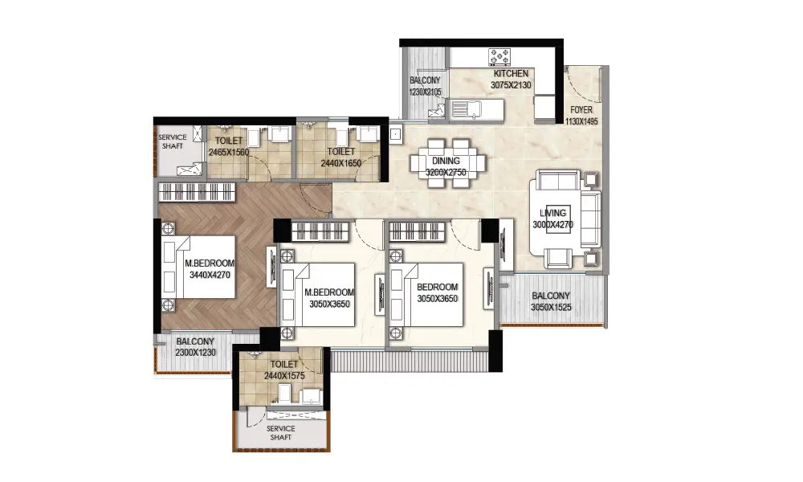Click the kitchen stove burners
coord(499,57)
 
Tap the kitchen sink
coord(467,108)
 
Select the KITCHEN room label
coord(511,74)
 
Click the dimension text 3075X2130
coord(511,85)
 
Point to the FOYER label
coord(581,109)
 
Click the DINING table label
coord(446,161)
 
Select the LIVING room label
coord(552,213)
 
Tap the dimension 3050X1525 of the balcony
coord(551,308)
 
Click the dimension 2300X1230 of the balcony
coord(195,353)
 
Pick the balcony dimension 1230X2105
coord(425,92)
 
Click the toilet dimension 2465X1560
coord(228,152)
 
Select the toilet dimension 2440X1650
coord(340,163)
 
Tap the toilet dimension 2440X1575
coord(284,376)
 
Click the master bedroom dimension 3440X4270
coord(210,275)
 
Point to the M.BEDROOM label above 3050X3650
coord(329,292)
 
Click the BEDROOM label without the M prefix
coord(437,288)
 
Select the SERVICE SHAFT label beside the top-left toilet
coord(173,141)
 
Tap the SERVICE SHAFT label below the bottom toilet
coord(280,433)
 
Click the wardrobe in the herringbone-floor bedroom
coord(197,192)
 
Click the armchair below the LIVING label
coord(558,258)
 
